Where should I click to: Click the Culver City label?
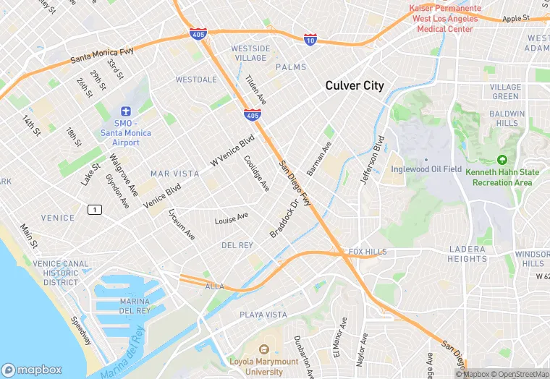355,85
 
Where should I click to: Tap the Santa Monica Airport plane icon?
125,112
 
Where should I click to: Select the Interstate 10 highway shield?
310,39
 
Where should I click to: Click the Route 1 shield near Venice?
93,210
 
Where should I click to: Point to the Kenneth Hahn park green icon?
503,160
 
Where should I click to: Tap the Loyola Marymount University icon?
263,349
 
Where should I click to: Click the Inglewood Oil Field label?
426,169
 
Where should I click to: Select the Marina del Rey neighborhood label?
135,305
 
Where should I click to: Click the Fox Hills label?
368,252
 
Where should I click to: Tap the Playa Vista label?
263,315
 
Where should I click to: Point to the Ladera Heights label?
467,254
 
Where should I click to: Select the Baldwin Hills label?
507,119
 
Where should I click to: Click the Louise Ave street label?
231,218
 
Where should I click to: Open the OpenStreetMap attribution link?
520,374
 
